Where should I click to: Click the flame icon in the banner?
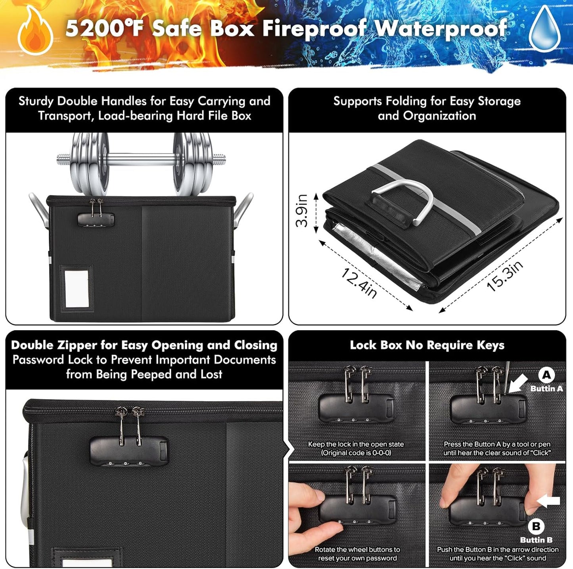point(35,31)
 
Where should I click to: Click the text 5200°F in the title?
point(105,29)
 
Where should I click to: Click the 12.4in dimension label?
point(358,283)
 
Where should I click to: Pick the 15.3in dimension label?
point(505,275)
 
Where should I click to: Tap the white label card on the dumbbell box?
point(77,289)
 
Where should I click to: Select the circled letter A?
point(546,375)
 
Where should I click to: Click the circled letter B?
point(536,527)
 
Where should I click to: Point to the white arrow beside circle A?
point(518,384)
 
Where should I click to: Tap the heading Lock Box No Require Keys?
point(427,345)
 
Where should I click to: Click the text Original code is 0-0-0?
point(356,453)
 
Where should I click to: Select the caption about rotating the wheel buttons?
point(357,554)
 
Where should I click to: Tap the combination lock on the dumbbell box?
point(96,219)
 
